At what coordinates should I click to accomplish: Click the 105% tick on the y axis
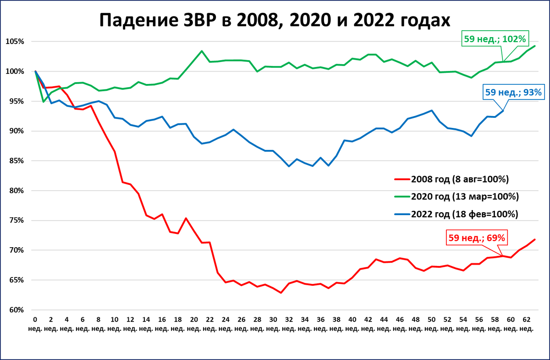pos(15,42)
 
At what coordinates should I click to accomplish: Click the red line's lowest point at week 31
pos(280,293)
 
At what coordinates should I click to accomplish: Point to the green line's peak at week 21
pos(202,51)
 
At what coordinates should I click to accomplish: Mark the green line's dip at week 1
pos(44,102)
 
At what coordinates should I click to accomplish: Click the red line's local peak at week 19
pos(186,218)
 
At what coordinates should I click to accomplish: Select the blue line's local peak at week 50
pos(431,111)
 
